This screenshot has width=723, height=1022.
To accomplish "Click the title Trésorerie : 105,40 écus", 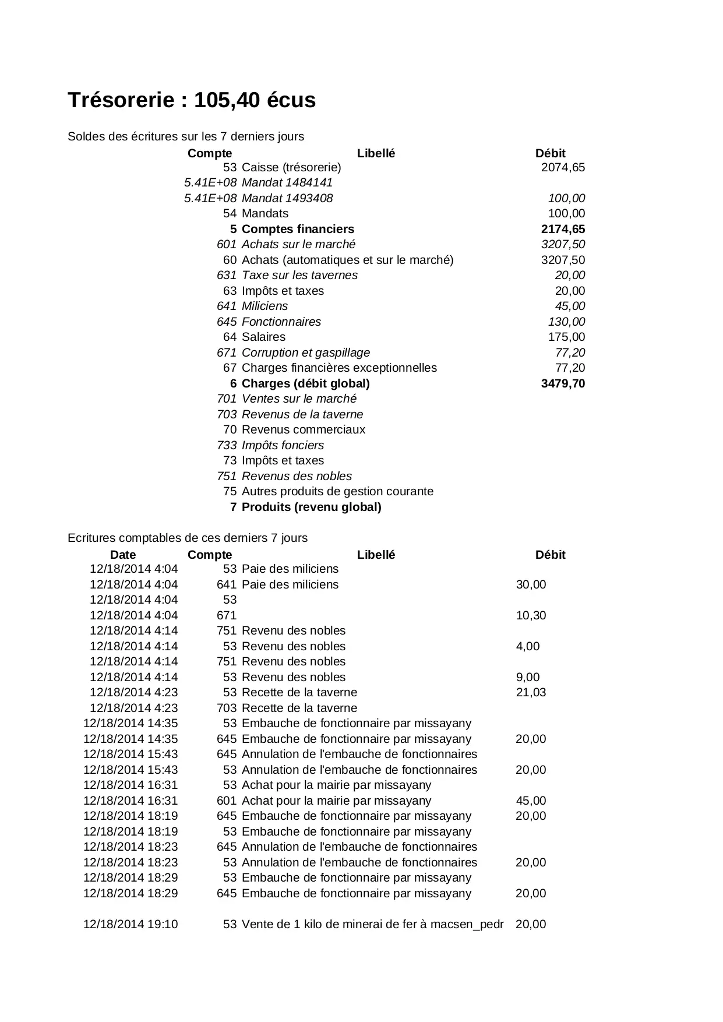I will (192, 100).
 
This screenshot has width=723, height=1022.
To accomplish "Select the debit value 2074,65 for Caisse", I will (563, 168).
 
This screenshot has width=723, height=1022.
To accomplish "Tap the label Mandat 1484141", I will (287, 183).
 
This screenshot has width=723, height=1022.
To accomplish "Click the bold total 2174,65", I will (563, 230).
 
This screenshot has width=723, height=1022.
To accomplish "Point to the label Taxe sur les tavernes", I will (299, 276).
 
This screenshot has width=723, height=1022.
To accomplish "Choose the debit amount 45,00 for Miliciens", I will (570, 306).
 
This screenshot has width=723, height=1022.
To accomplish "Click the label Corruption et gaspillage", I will (306, 353).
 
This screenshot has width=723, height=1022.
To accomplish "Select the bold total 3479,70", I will (563, 384).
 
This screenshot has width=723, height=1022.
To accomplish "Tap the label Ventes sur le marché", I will (299, 399).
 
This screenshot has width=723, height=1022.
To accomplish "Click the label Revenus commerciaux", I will (304, 430).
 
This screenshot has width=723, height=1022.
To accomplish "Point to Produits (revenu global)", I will (312, 508).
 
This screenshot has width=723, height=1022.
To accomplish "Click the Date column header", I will (123, 555).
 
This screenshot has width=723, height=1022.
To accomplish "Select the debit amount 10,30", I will (531, 616).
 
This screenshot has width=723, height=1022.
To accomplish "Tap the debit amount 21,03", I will (531, 693).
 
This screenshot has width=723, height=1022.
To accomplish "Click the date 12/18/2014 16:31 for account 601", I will (131, 801).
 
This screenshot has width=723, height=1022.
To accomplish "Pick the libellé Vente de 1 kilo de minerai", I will (372, 925).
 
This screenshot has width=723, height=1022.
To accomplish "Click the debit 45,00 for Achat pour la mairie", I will (531, 801).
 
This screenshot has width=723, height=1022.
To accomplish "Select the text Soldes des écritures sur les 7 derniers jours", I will (186, 137).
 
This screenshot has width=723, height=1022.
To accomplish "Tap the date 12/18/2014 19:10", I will (131, 925).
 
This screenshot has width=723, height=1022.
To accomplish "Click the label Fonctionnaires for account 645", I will (281, 322).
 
